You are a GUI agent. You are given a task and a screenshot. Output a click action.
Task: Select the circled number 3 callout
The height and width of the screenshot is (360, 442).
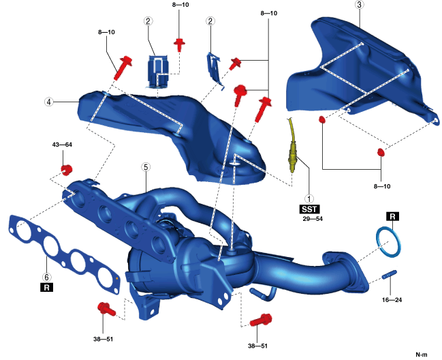coord(358,5)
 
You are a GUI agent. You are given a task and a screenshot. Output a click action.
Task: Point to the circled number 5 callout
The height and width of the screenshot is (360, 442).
coord(145,166)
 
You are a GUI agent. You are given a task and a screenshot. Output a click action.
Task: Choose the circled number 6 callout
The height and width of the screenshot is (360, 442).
coord(46,277)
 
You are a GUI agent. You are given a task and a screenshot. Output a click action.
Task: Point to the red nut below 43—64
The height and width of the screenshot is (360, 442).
coord(67,168)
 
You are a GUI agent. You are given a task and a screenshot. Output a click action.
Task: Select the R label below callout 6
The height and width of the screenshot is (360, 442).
coord(46,288)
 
